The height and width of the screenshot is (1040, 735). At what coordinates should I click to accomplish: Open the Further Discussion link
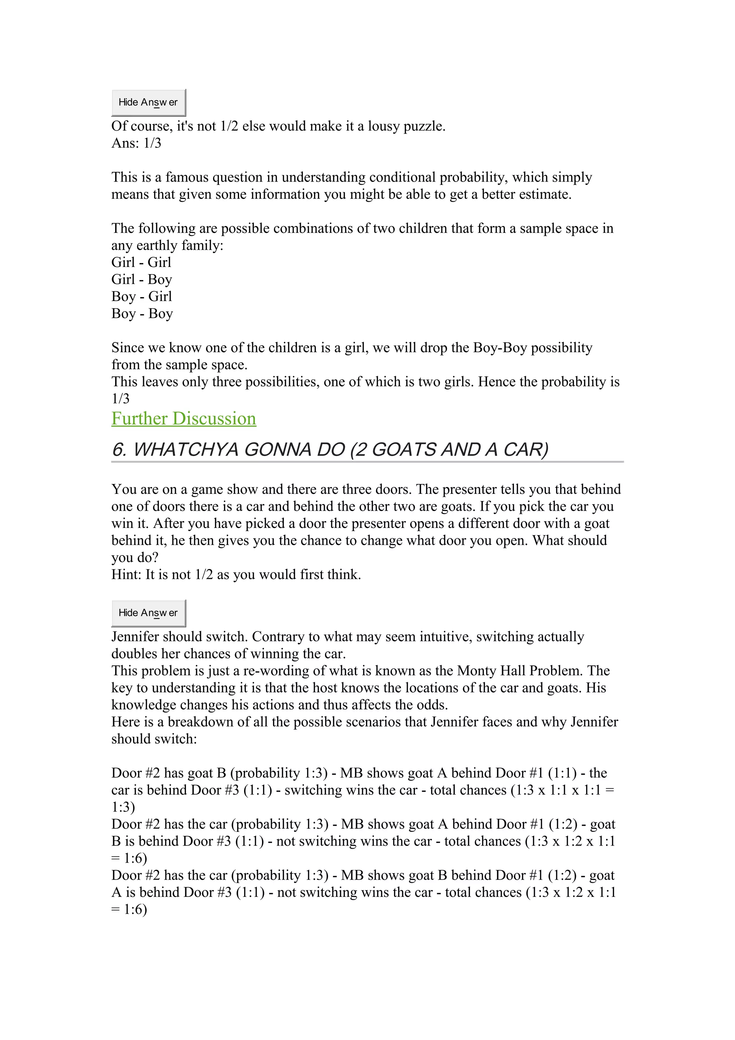(x=183, y=418)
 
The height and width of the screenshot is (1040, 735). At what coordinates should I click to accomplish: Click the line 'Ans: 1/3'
(x=136, y=143)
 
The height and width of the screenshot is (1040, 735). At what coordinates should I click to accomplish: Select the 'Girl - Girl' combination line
(x=141, y=262)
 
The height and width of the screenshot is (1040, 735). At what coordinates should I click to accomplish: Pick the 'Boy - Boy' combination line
(x=142, y=313)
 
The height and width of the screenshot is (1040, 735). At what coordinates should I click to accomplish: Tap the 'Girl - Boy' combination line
(x=141, y=280)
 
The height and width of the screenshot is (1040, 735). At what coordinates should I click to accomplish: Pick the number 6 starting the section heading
(x=119, y=449)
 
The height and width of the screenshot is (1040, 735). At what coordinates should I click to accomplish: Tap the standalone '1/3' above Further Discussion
(x=121, y=399)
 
